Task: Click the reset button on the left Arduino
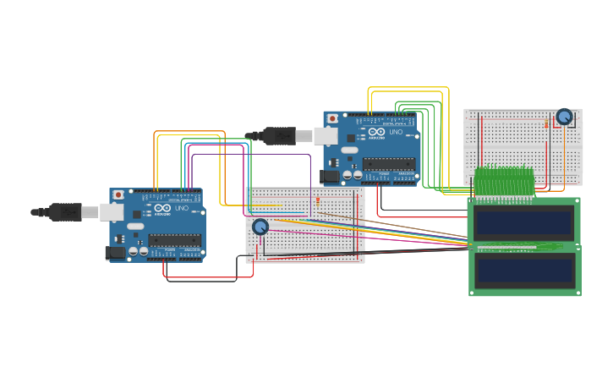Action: pyautogui.click(x=118, y=194)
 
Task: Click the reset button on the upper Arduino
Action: pyautogui.click(x=332, y=118)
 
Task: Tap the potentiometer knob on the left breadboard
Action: pyautogui.click(x=260, y=227)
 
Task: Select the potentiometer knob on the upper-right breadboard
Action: pyautogui.click(x=564, y=117)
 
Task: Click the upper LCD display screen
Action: pyautogui.click(x=523, y=222)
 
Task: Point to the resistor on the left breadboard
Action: pyautogui.click(x=317, y=201)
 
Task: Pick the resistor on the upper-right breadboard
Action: pyautogui.click(x=546, y=124)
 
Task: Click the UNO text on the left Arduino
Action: pyautogui.click(x=182, y=208)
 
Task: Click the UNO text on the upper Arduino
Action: pyautogui.click(x=396, y=132)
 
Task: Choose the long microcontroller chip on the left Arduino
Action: pyautogui.click(x=175, y=240)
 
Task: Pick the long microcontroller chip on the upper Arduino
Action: pyautogui.click(x=389, y=163)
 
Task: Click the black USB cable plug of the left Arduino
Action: pyautogui.click(x=64, y=212)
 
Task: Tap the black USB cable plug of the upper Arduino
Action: pyautogui.click(x=278, y=135)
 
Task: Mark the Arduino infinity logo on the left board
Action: pyautogui.click(x=162, y=208)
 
